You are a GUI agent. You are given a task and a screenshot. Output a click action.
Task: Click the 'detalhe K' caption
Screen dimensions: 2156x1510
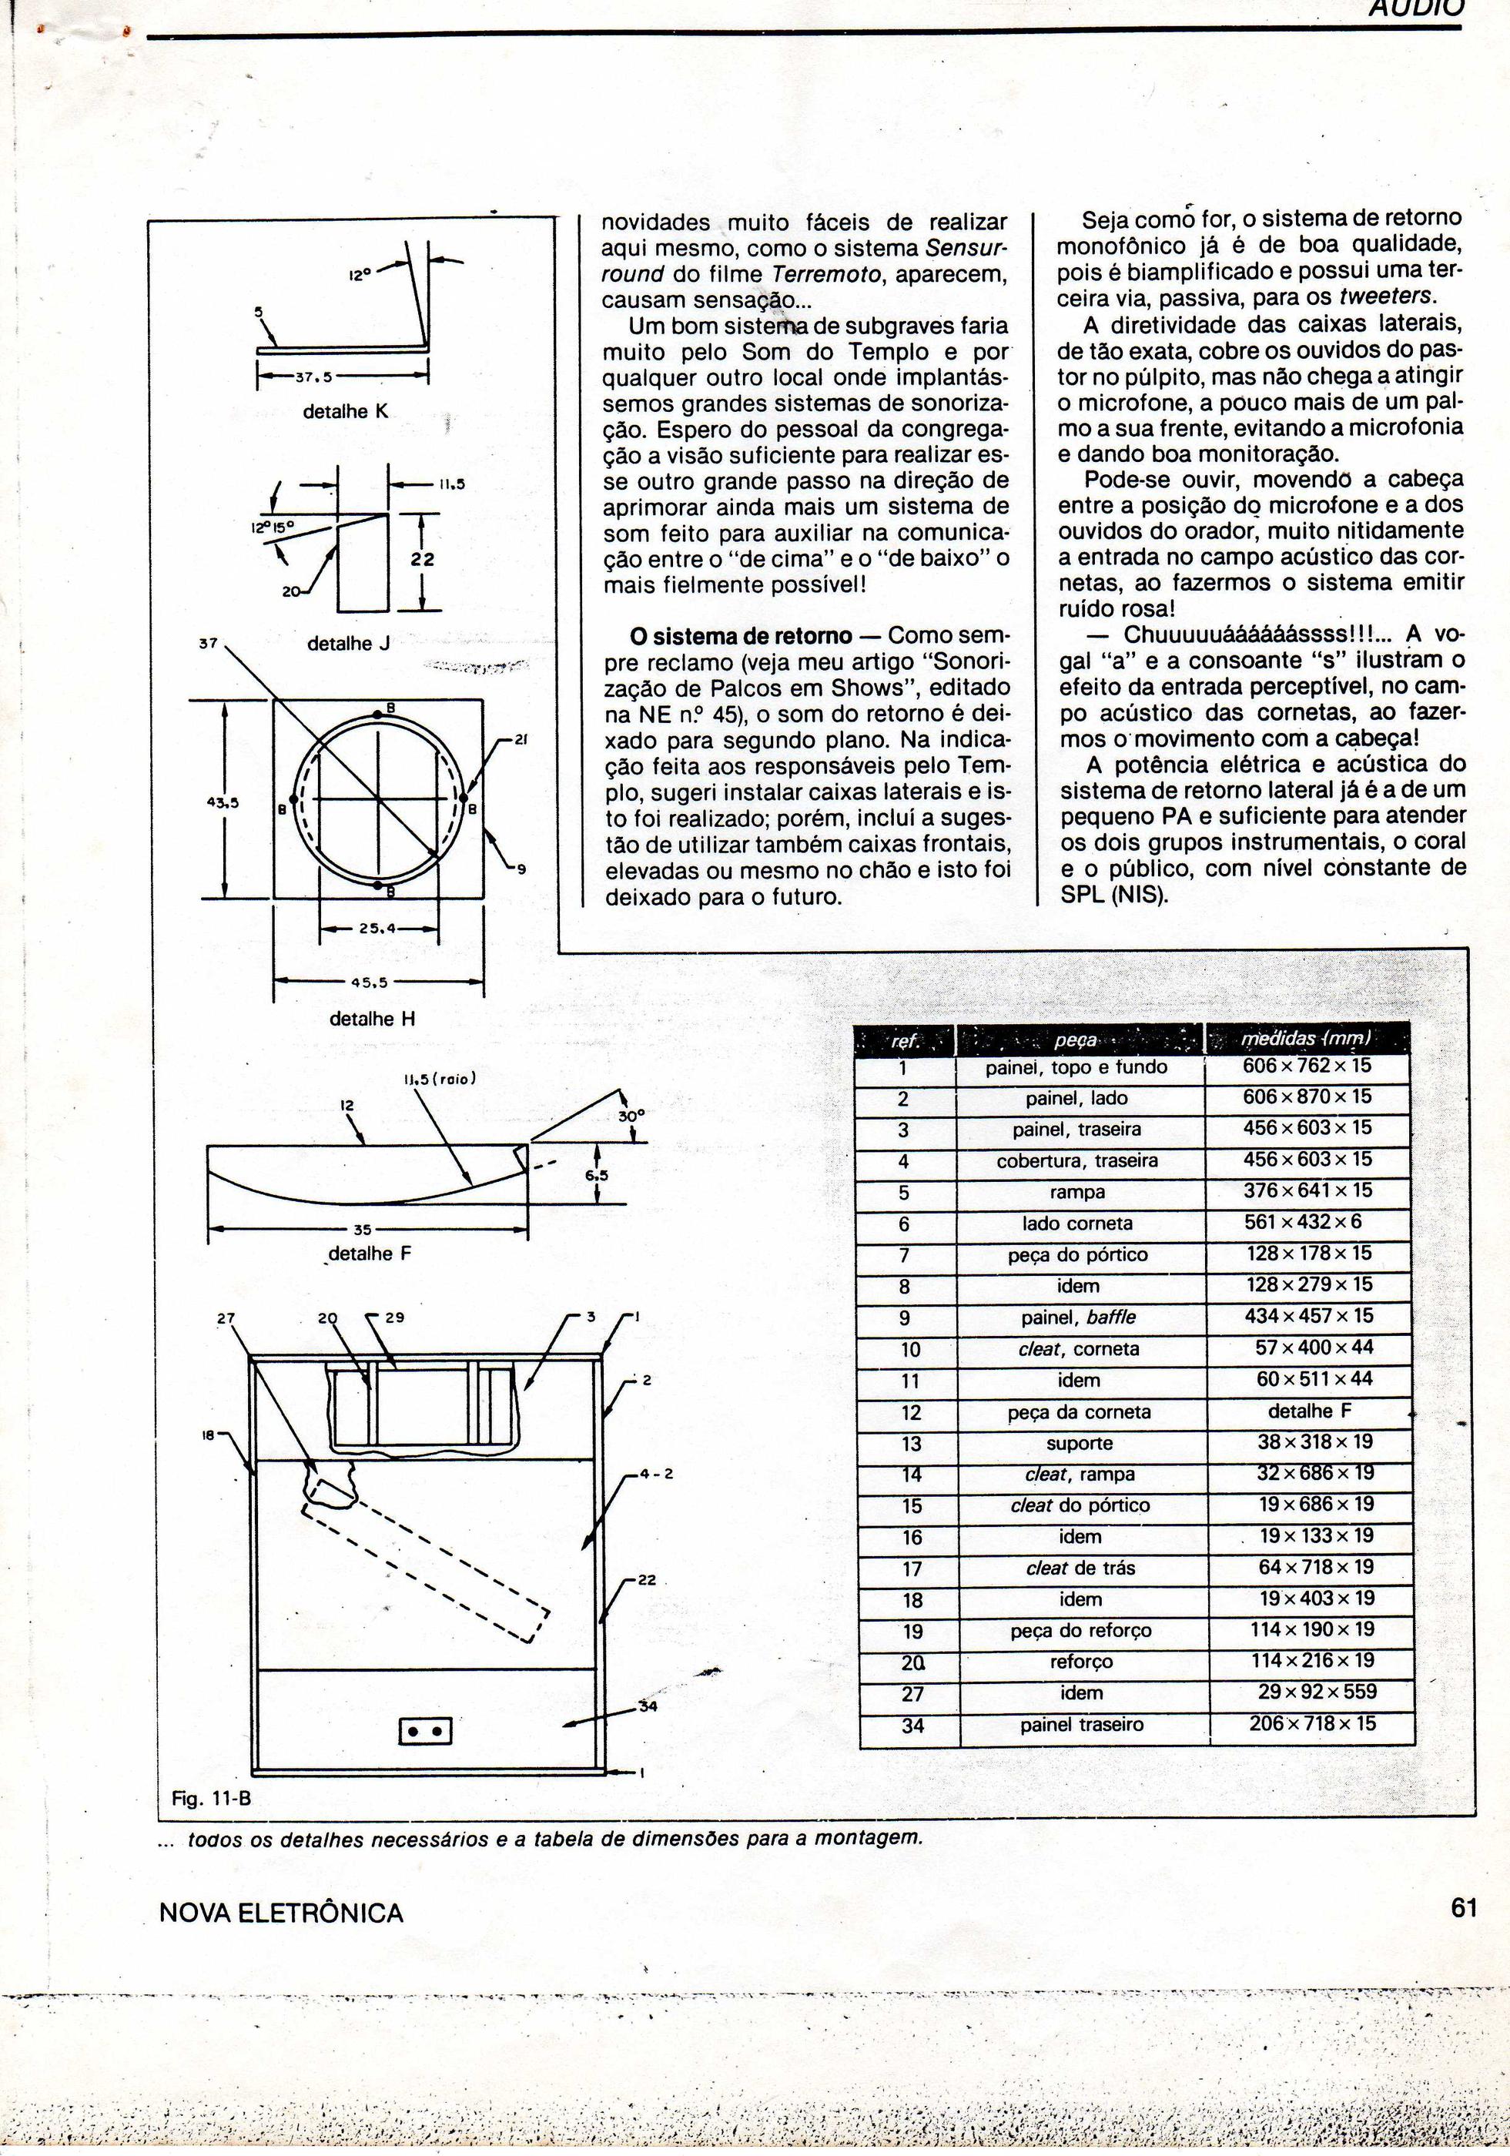pyautogui.click(x=345, y=411)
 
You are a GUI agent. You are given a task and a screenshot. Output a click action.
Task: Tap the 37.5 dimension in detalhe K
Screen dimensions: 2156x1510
pyautogui.click(x=310, y=377)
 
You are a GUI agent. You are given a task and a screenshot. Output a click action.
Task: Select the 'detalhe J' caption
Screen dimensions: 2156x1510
pyautogui.click(x=348, y=644)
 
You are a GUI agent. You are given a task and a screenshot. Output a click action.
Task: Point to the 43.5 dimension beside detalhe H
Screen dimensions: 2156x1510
pyautogui.click(x=223, y=803)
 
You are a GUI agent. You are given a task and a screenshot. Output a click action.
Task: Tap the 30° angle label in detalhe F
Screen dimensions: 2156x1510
pyautogui.click(x=632, y=1116)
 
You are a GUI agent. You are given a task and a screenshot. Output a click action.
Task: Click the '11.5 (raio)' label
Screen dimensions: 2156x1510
pyautogui.click(x=440, y=1078)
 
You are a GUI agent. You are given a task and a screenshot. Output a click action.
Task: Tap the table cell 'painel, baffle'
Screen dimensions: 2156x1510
pyautogui.click(x=1080, y=1317)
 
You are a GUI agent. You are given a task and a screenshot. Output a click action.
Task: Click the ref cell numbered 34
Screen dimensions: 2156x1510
pyautogui.click(x=912, y=1725)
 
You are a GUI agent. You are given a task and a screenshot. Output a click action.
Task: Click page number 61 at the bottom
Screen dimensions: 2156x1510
pyautogui.click(x=1463, y=1908)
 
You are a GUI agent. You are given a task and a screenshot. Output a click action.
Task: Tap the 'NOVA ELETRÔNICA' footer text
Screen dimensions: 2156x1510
pyautogui.click(x=281, y=1913)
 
